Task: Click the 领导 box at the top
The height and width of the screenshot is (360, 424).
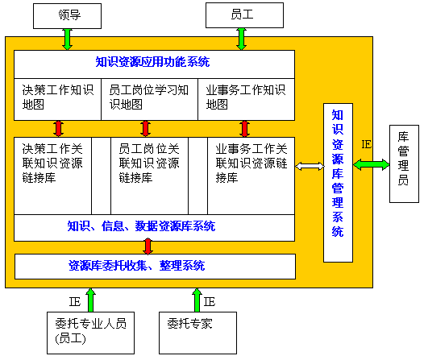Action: click(67, 16)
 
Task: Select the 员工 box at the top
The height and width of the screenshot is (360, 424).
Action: click(244, 15)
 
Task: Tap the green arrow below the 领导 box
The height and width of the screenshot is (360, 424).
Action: click(67, 39)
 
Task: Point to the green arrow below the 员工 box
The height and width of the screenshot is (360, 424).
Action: click(241, 39)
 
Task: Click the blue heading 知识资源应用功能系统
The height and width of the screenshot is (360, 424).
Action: click(152, 62)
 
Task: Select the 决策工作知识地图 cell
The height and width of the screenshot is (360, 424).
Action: click(57, 99)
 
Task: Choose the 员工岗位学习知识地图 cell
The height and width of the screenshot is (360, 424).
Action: click(150, 99)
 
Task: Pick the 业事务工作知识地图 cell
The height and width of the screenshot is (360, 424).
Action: click(247, 99)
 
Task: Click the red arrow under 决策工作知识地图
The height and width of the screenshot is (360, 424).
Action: click(58, 129)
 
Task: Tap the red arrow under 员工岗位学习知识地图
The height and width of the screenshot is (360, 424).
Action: click(145, 129)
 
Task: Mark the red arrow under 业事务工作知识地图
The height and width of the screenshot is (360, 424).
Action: click(245, 129)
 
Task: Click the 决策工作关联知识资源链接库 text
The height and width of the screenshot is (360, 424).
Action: click(52, 163)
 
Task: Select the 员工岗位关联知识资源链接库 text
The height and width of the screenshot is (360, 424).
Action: click(149, 163)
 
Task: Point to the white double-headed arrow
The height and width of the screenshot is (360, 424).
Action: click(310, 166)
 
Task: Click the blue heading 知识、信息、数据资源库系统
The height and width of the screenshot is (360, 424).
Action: click(141, 226)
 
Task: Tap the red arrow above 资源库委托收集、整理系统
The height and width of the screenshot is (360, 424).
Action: click(148, 246)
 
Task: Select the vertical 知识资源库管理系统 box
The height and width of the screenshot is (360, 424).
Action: click(338, 183)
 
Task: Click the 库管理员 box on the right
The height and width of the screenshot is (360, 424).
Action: click(404, 163)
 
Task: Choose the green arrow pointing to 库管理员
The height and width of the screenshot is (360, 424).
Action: click(372, 165)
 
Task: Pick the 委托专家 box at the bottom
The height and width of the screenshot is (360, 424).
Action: click(198, 333)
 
